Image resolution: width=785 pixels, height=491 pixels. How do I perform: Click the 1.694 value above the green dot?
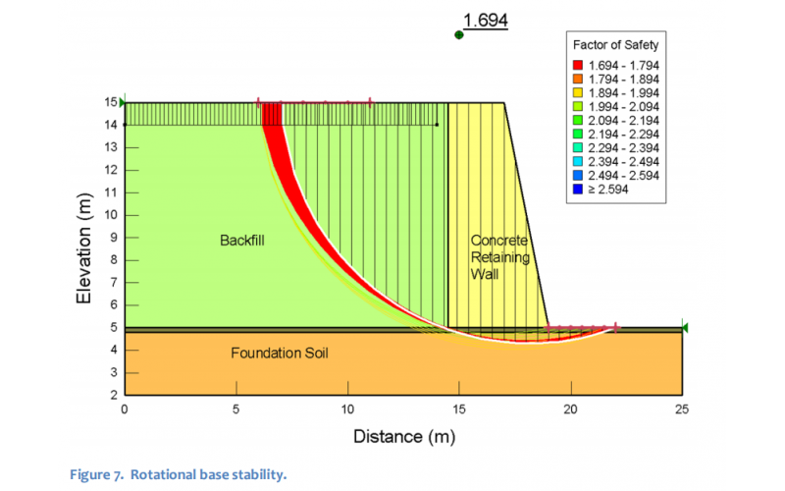pyautogui.click(x=485, y=19)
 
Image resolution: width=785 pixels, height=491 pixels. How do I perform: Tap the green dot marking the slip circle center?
pyautogui.click(x=458, y=34)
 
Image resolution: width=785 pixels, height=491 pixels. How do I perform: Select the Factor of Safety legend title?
pyautogui.click(x=615, y=45)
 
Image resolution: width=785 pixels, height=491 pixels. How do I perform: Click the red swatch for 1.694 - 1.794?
pyautogui.click(x=581, y=64)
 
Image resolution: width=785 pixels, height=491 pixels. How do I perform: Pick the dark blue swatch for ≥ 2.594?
pyautogui.click(x=581, y=189)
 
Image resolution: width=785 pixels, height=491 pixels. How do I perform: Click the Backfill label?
pyautogui.click(x=242, y=239)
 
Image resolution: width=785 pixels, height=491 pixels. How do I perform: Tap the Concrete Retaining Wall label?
pyautogui.click(x=499, y=257)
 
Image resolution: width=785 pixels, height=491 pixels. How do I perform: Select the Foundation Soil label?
pyautogui.click(x=279, y=353)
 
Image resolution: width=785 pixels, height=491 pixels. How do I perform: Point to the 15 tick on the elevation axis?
pyautogui.click(x=111, y=102)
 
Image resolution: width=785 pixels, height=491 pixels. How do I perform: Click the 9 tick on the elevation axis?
pyautogui.click(x=114, y=237)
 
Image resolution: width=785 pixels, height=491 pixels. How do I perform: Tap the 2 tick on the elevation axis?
pyautogui.click(x=114, y=394)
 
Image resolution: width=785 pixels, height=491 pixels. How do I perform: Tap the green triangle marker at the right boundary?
pyautogui.click(x=685, y=327)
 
